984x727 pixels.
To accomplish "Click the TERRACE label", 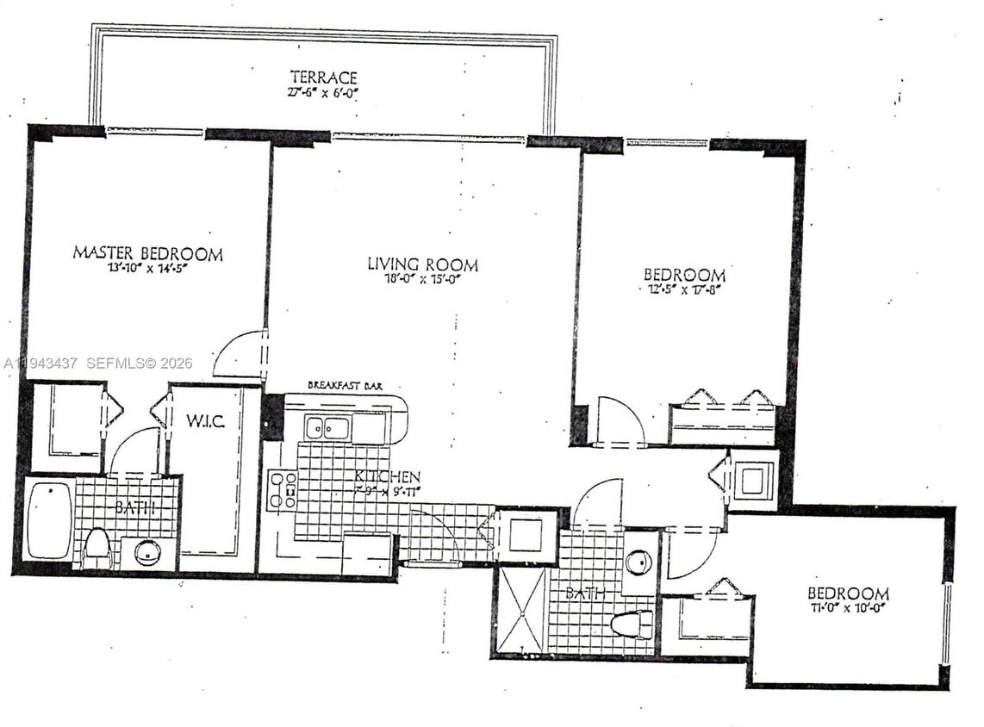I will point(323,77).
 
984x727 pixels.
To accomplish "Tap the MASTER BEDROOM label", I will point(147,253).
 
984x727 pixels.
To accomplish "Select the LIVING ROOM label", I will point(422,264).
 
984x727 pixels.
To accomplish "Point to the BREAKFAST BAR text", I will point(345,387).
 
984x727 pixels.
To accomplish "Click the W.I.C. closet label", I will point(207,422).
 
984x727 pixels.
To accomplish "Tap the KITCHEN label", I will point(388,476).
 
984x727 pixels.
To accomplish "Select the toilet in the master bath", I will point(97,548).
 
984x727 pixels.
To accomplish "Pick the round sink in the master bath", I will point(147,550).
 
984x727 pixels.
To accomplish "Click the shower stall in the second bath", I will point(522,610).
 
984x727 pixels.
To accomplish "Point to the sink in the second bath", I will point(638,562).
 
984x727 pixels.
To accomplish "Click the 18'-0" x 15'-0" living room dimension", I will point(422,278).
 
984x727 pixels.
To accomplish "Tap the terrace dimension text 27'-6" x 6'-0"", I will point(323,90).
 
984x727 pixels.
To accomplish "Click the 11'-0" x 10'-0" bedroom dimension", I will point(848,607).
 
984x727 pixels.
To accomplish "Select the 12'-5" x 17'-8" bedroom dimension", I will point(684,289).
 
